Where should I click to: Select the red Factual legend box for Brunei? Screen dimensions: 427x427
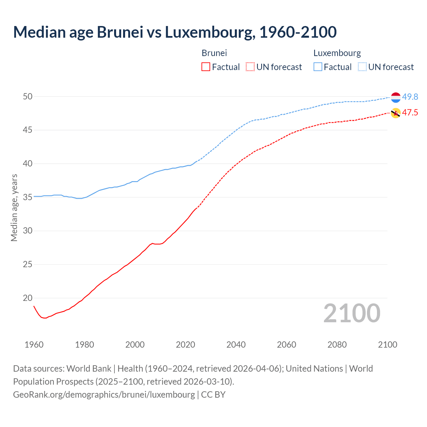206,67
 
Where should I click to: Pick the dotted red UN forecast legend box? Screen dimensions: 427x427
250,67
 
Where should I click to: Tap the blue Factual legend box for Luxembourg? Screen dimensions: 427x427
318,67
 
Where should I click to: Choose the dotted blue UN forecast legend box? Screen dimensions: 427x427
362,67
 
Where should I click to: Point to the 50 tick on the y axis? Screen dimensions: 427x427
28,97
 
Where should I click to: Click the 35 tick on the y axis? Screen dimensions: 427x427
28,197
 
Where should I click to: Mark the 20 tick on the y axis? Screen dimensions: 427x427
28,298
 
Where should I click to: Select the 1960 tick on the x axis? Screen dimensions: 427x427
34,345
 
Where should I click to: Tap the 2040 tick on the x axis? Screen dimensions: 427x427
236,345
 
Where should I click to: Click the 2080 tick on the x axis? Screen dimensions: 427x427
337,345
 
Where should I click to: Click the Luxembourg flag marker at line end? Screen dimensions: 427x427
396,97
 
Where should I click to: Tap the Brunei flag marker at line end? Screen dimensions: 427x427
396,113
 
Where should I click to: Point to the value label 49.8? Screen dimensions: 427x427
410,97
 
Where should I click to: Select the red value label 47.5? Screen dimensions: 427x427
410,113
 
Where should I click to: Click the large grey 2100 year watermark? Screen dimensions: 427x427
352,313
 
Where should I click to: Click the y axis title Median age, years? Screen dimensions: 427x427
14,207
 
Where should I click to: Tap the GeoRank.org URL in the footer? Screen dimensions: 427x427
104,395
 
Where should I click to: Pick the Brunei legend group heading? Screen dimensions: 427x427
214,53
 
